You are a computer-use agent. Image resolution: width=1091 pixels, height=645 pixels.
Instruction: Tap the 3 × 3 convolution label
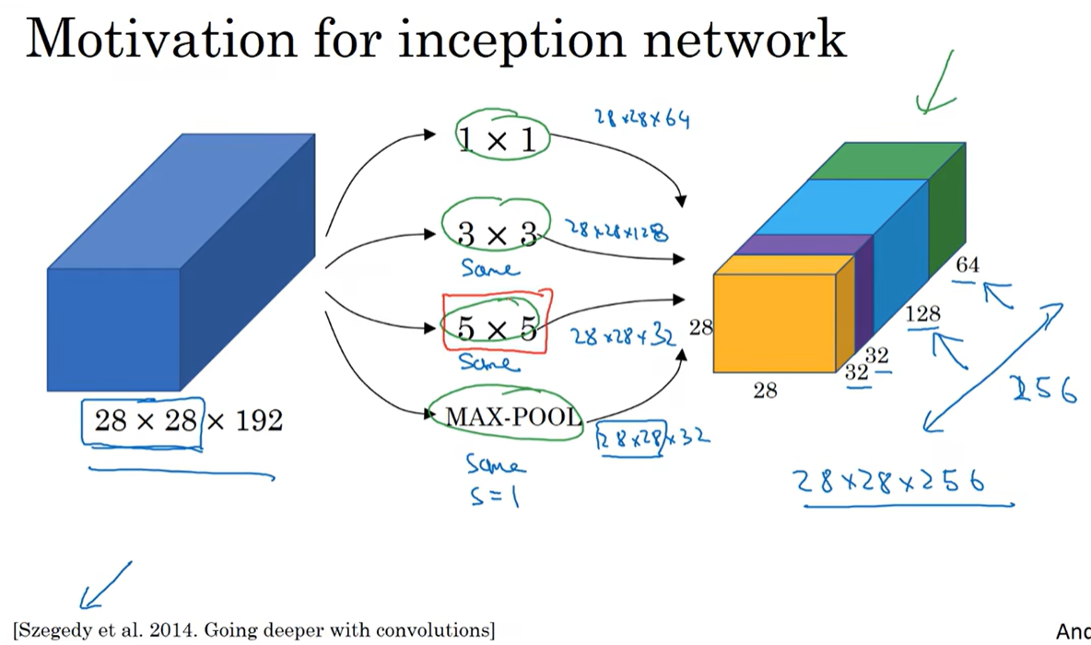click(x=498, y=234)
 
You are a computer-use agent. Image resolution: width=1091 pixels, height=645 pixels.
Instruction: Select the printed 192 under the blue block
click(x=257, y=421)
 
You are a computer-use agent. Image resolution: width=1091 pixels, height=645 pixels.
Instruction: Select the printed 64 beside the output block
click(x=968, y=265)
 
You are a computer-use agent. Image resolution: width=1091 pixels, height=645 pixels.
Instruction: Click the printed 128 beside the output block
click(x=922, y=314)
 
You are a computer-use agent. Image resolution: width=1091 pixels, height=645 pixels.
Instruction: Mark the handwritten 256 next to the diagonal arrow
click(x=1043, y=391)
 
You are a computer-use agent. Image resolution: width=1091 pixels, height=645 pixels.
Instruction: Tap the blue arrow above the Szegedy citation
click(x=104, y=586)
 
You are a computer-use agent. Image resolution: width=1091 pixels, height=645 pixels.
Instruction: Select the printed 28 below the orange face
click(x=765, y=391)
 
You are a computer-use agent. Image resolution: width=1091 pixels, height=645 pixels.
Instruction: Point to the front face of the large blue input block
click(x=113, y=329)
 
